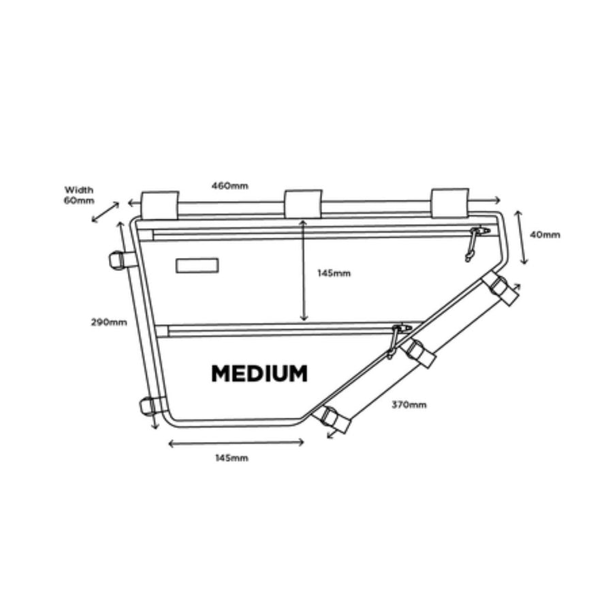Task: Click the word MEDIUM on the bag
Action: pyautogui.click(x=259, y=374)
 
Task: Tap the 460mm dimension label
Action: pyautogui.click(x=229, y=185)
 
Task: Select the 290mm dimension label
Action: pyautogui.click(x=110, y=322)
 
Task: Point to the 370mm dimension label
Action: pyautogui.click(x=409, y=405)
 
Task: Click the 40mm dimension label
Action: pyautogui.click(x=545, y=235)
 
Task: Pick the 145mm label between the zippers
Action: pyautogui.click(x=334, y=273)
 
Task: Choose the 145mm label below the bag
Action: pyautogui.click(x=232, y=458)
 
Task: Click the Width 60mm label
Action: pyautogui.click(x=79, y=195)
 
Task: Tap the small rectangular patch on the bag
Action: pyautogui.click(x=197, y=266)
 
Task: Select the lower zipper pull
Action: pyautogui.click(x=396, y=340)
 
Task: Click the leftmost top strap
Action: pyautogui.click(x=159, y=205)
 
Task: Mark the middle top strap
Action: pyautogui.click(x=303, y=204)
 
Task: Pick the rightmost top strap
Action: pyautogui.click(x=449, y=202)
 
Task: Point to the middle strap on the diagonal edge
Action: pyautogui.click(x=417, y=352)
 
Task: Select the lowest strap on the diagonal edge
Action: pyautogui.click(x=334, y=419)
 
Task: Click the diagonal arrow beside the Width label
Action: pyautogui.click(x=105, y=212)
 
